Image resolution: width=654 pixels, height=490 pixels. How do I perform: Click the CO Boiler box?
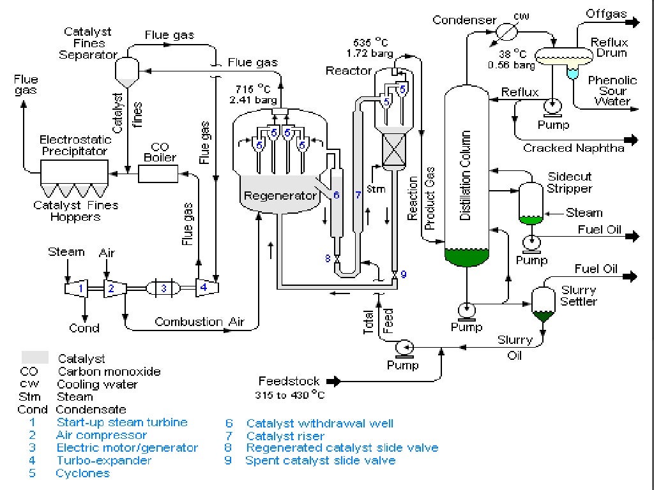pyautogui.click(x=158, y=173)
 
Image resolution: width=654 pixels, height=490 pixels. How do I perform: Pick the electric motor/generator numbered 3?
pyautogui.click(x=163, y=288)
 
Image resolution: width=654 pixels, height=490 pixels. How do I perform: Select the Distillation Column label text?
pyautogui.click(x=466, y=175)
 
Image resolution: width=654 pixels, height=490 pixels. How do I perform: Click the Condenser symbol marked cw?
pyautogui.click(x=506, y=29)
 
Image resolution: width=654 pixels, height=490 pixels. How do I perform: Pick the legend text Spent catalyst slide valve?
pyautogui.click(x=321, y=460)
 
